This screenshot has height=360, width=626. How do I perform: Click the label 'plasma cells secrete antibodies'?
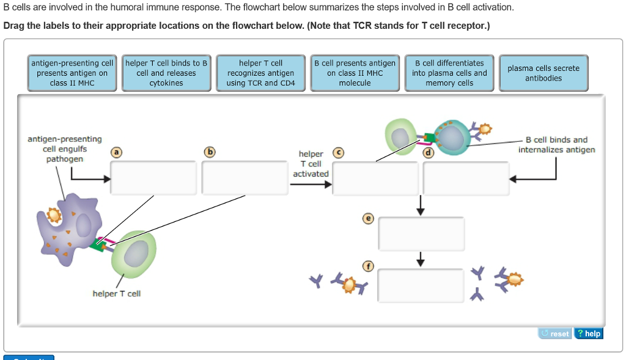click(543, 73)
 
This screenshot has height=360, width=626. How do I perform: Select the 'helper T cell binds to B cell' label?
click(166, 73)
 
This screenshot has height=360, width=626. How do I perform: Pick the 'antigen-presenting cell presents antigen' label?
click(72, 73)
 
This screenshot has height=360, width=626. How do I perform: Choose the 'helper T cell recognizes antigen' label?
click(260, 73)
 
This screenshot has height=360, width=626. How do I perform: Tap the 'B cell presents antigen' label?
click(355, 73)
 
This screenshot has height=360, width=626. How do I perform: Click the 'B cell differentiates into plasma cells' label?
click(449, 73)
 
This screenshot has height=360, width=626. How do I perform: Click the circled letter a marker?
click(116, 152)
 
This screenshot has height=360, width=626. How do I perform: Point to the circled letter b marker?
click(210, 152)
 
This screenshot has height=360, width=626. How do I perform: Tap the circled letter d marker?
click(429, 152)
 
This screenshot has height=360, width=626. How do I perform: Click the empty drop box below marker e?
click(421, 234)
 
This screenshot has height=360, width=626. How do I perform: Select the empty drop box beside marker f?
click(421, 285)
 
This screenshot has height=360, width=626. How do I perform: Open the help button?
click(589, 334)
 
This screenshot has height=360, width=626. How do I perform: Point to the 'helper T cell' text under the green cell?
click(116, 294)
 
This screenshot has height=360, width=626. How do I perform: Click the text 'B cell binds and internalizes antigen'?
click(556, 145)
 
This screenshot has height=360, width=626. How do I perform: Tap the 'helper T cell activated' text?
click(311, 164)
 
